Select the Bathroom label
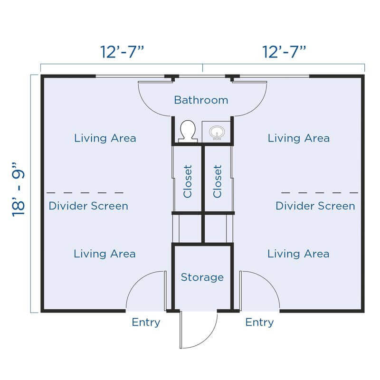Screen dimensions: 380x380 [201, 100]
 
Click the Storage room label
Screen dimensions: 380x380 [202, 277]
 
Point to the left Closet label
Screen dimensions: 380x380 [188, 181]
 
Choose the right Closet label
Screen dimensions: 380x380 [218, 181]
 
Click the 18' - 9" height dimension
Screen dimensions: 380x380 [19, 190]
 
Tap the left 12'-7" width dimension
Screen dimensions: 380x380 [122, 52]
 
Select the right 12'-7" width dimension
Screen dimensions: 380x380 [284, 52]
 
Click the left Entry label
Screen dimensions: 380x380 [146, 323]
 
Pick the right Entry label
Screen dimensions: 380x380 [259, 323]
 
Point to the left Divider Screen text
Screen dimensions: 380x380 [88, 206]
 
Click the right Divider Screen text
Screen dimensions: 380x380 [315, 206]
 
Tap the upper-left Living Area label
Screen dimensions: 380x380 [105, 138]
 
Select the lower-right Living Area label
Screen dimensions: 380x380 [298, 254]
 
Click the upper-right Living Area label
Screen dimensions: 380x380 [299, 138]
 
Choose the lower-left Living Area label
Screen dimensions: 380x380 [104, 254]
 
